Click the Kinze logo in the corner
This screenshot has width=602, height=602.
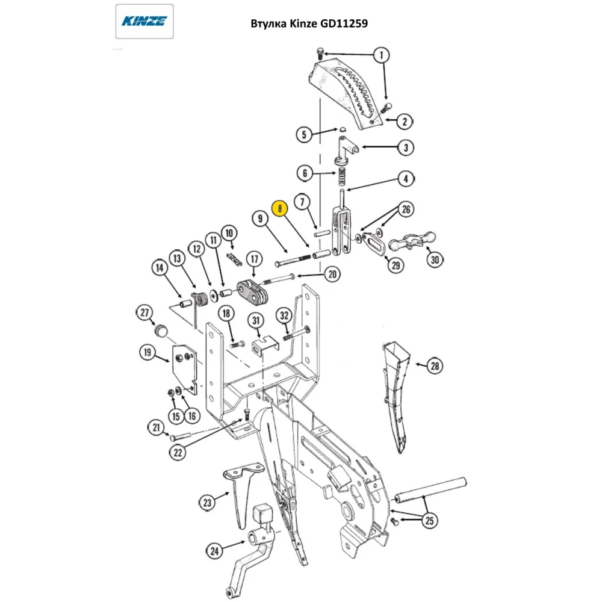(x=144, y=22)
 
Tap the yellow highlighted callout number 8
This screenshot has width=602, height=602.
(x=280, y=208)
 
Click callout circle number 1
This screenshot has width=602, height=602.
(x=381, y=55)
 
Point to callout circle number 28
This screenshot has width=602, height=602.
(x=434, y=365)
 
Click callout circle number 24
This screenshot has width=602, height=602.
(x=215, y=550)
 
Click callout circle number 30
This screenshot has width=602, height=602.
(x=435, y=260)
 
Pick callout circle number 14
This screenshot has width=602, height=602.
(x=159, y=268)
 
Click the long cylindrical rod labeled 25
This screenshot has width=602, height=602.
(x=431, y=488)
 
